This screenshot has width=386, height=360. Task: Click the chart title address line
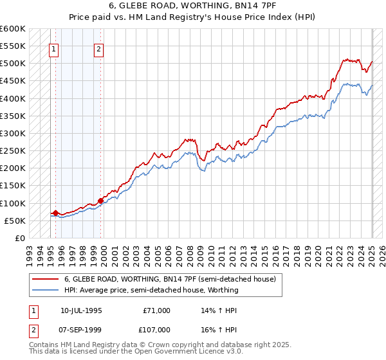[193, 5]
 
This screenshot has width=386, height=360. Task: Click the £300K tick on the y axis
[13, 133]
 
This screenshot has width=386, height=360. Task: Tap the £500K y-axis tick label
[13, 63]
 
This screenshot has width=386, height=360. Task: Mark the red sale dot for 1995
[55, 213]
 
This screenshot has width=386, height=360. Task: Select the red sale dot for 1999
[100, 200]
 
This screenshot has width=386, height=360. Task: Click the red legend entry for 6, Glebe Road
[170, 279]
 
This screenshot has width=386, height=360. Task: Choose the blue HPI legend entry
[151, 290]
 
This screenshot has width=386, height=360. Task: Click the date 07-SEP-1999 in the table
[79, 330]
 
